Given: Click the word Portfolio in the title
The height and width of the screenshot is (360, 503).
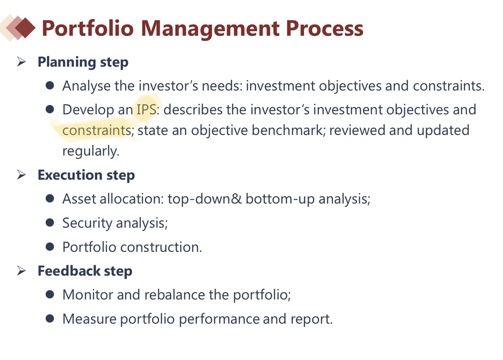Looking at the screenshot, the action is [88, 28].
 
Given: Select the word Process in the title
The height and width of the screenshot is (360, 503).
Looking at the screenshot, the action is [325, 28].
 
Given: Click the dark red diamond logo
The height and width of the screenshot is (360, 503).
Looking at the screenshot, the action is [25, 28].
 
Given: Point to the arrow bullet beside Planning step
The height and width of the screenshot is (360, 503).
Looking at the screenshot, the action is [22, 62].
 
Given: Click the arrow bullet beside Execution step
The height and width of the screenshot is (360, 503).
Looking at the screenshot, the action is [22, 175].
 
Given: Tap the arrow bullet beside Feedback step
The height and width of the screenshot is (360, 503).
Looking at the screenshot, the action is [22, 271].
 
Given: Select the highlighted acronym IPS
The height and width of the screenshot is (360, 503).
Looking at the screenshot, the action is [147, 109].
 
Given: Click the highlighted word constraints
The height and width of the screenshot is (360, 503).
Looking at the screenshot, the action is [97, 130].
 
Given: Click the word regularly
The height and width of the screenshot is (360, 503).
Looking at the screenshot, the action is [90, 151].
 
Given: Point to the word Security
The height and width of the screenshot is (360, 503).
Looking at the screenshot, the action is [87, 223].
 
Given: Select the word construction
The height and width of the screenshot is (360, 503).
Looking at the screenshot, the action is [161, 247].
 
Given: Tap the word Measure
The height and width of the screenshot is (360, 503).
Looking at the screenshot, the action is [89, 319].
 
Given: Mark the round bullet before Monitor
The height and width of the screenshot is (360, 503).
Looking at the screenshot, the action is [50, 294].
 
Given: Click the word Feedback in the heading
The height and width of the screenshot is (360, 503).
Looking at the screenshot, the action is [69, 271].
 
